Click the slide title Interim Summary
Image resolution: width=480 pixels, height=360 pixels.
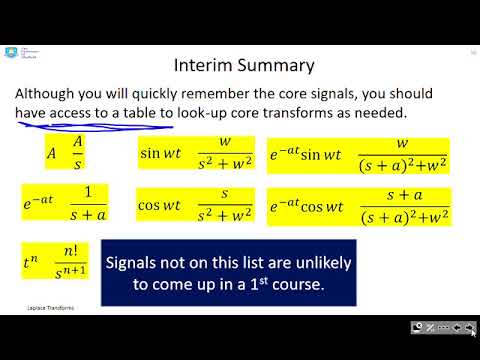244,66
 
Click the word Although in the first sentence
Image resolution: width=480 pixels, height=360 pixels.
51,93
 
